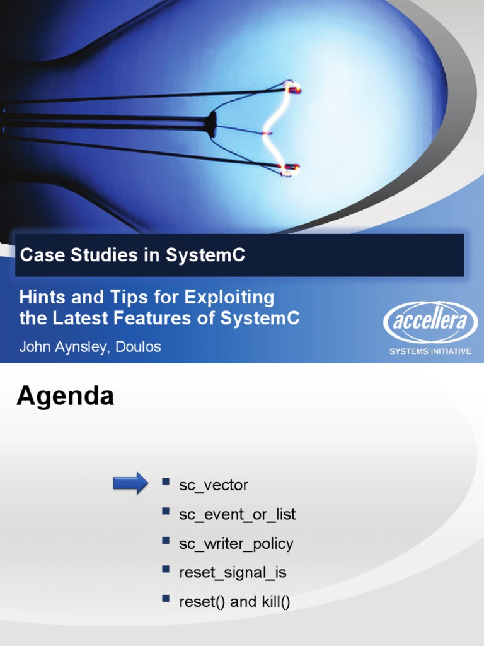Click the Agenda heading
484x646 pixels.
coord(65,396)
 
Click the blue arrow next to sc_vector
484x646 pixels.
coord(130,484)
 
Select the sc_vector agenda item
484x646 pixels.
coord(214,485)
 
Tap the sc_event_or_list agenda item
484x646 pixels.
coord(237,514)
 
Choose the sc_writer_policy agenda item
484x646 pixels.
coord(236,543)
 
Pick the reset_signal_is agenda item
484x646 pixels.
coord(233,572)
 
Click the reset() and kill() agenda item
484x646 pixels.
coord(234,601)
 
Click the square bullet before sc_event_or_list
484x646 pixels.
coord(166,511)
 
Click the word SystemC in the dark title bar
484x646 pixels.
coord(205,255)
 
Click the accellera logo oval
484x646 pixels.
coord(430,322)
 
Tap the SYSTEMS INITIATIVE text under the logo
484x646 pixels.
coord(430,351)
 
